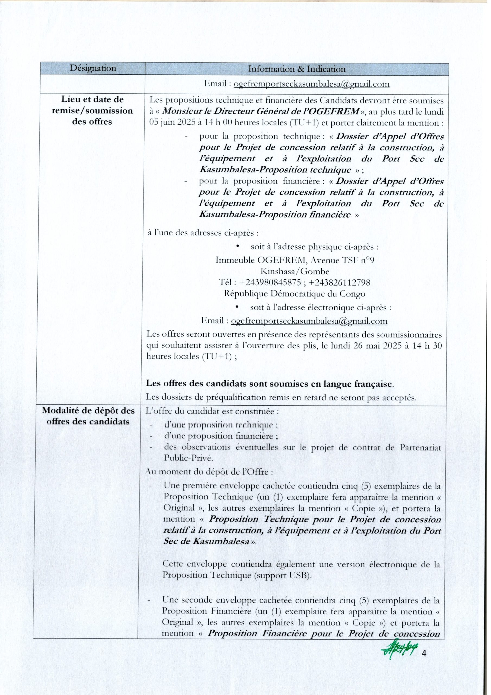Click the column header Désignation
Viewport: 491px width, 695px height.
pyautogui.click(x=93, y=68)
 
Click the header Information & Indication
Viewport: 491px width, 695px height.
pyautogui.click(x=296, y=69)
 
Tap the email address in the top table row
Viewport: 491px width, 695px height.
pyautogui.click(x=312, y=84)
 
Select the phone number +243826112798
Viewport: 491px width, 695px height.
pyautogui.click(x=340, y=282)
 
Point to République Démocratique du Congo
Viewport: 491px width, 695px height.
pyautogui.click(x=294, y=294)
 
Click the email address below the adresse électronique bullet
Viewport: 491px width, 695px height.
pyautogui.click(x=309, y=321)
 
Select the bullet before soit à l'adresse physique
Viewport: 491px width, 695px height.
pyautogui.click(x=238, y=247)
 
